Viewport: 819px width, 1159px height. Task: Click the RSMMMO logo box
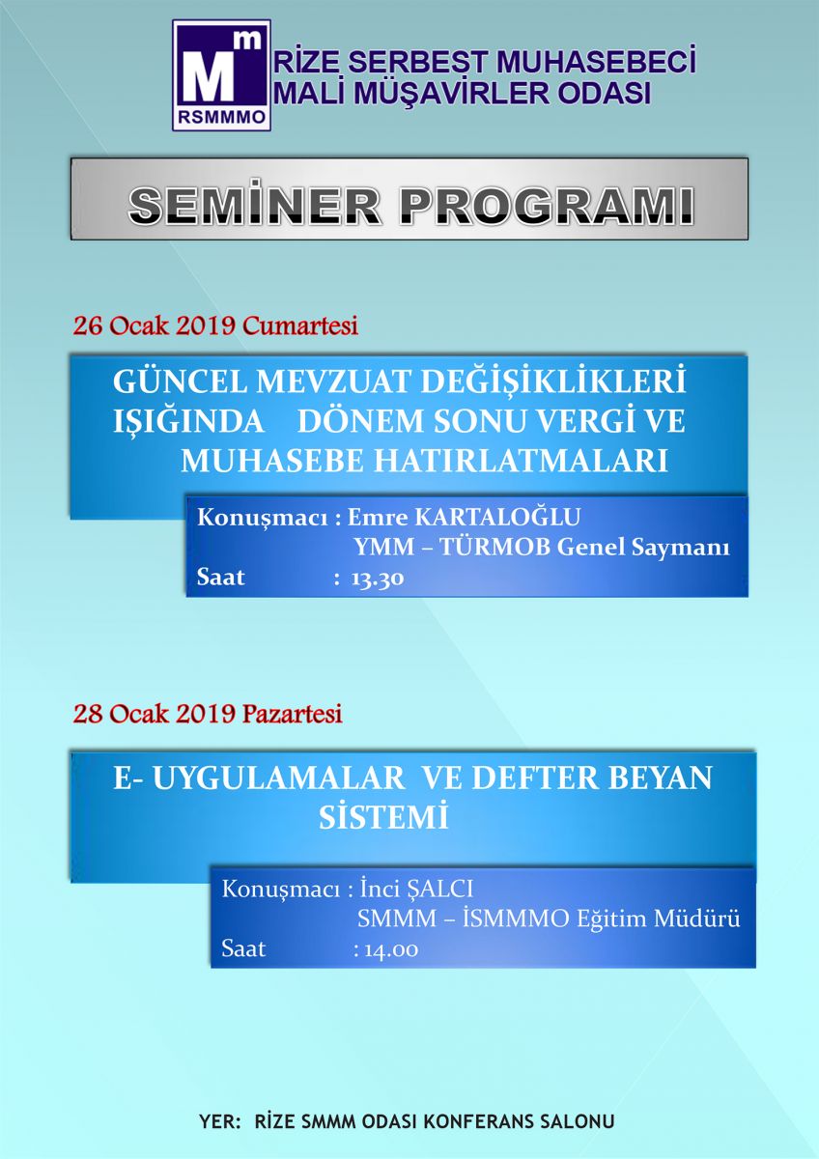tap(221, 75)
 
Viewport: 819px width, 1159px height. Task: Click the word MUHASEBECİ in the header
tap(596, 62)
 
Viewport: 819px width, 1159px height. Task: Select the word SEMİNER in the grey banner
tap(255, 206)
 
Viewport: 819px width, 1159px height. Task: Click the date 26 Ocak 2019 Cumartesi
tap(215, 326)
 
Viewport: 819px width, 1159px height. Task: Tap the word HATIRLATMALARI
tap(521, 461)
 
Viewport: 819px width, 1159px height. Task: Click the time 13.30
tap(378, 578)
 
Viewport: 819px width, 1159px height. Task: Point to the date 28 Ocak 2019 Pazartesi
tap(208, 714)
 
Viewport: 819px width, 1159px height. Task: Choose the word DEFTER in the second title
tap(535, 777)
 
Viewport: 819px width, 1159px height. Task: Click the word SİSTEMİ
tap(383, 818)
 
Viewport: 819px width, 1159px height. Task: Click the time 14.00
tap(392, 949)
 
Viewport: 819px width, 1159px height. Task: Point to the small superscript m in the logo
tap(251, 41)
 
